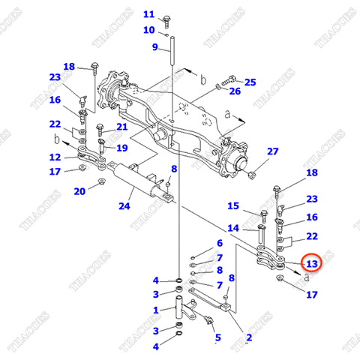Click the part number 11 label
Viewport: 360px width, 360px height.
(x=148, y=14)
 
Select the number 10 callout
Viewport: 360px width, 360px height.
(x=148, y=30)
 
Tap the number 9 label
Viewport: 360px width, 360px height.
(x=155, y=48)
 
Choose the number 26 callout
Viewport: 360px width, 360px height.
(x=235, y=91)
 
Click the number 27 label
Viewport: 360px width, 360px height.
(x=272, y=151)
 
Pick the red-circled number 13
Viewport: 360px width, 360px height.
(x=311, y=263)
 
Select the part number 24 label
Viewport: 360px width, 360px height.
(x=124, y=205)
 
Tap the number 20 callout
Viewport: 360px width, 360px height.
(x=79, y=191)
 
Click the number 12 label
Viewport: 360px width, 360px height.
(x=55, y=157)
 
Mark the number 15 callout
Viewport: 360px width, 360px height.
(x=232, y=206)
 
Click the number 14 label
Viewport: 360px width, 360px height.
(x=232, y=228)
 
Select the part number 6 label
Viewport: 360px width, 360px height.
(x=219, y=243)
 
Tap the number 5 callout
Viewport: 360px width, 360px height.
(x=217, y=337)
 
